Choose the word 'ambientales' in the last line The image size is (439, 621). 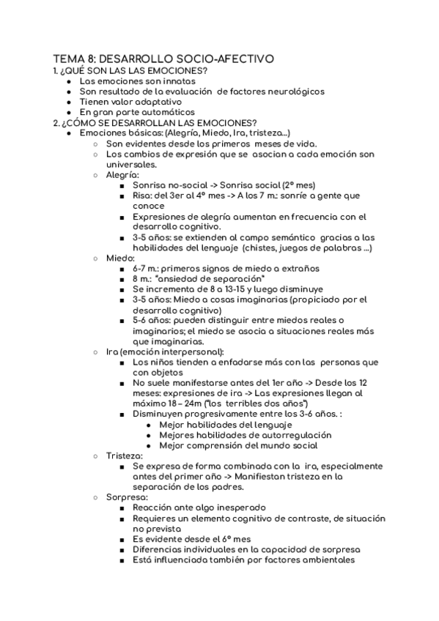point(325,559)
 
